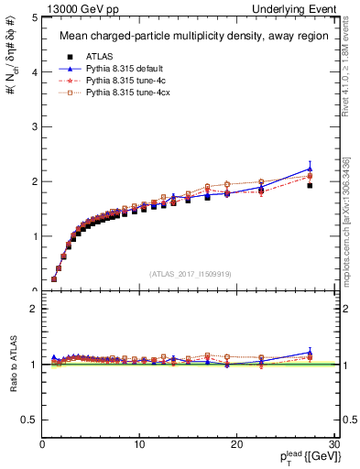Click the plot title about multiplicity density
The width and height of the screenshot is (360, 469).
190,37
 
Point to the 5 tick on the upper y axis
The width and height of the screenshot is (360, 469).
34,17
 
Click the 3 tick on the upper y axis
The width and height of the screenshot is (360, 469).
34,126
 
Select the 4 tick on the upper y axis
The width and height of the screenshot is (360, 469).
34,71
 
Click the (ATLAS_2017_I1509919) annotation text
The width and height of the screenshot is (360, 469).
190,273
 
